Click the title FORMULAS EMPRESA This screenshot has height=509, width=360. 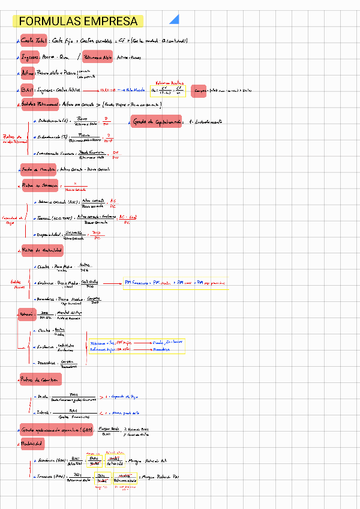coord(78,22)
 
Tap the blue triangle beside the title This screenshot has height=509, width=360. coord(175,20)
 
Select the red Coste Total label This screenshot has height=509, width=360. coord(34,41)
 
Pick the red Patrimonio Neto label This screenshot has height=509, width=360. coord(98,58)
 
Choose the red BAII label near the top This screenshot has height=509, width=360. coord(27,90)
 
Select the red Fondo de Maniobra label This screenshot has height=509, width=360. coord(38,169)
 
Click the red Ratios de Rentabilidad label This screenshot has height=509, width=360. coord(42,250)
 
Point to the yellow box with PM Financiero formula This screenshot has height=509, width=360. coord(175,282)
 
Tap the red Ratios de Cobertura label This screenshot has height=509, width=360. coord(40,379)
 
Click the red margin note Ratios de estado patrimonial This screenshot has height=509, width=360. coord(13,139)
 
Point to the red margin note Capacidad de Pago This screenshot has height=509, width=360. coord(12,220)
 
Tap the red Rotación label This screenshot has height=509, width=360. coord(26,314)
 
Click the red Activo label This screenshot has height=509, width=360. coord(28,74)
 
